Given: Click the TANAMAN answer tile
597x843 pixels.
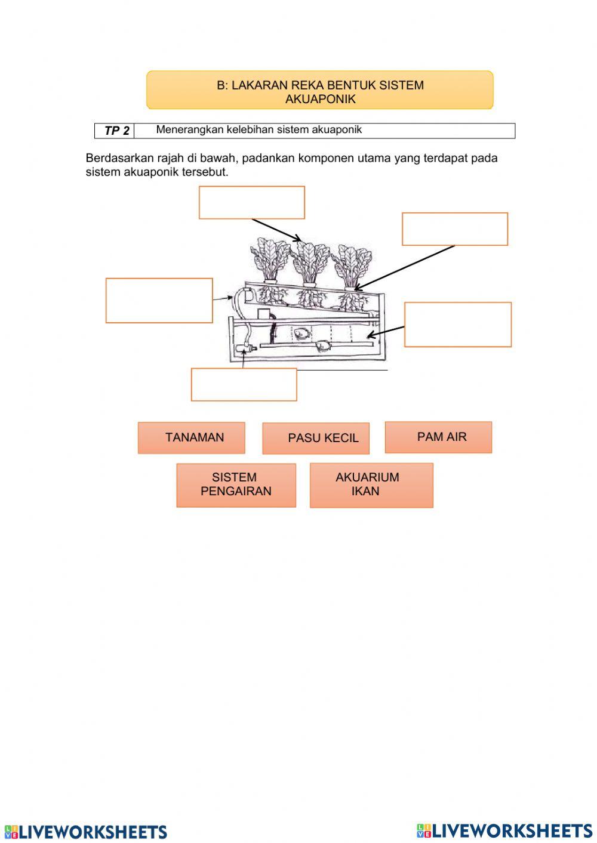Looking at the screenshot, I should tap(191, 437).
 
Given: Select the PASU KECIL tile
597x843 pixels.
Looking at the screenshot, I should tap(316, 438).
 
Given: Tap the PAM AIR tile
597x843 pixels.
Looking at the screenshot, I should tap(438, 437).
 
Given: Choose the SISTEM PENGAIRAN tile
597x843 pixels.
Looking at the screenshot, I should tap(236, 484).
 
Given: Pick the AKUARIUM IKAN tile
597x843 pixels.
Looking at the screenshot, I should tap(371, 484).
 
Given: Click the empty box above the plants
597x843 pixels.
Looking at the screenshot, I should tap(251, 202).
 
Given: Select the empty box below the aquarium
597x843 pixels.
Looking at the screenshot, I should tap(244, 384).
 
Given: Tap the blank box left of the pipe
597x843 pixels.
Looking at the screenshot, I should tap(159, 300).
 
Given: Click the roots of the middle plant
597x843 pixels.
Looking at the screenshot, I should tap(309, 298).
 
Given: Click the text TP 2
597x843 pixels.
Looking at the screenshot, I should tap(116, 131).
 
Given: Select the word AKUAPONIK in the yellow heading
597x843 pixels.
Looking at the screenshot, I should tap(320, 99).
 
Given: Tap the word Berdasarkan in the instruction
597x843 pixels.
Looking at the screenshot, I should tap(119, 158).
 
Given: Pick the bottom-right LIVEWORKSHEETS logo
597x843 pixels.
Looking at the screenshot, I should tap(504, 830).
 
